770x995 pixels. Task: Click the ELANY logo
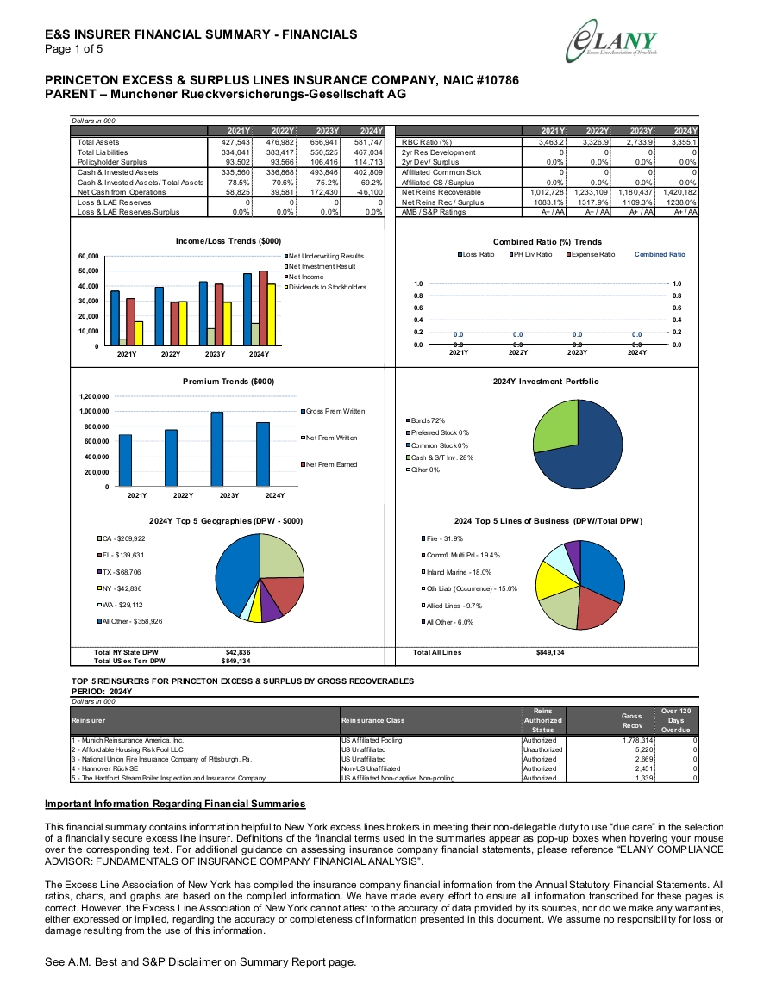(x=611, y=41)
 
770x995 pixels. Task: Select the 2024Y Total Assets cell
(x=368, y=143)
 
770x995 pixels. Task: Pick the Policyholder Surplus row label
(x=112, y=163)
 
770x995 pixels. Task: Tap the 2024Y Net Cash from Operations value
(x=369, y=192)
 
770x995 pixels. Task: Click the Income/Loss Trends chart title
(x=228, y=241)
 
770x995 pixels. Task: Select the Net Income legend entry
(x=304, y=277)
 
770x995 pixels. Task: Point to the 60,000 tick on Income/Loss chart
(x=88, y=257)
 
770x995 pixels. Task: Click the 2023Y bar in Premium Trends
(x=217, y=450)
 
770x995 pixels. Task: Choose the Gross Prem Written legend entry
(x=333, y=411)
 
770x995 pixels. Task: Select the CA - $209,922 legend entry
(x=122, y=538)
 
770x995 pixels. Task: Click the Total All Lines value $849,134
(x=550, y=652)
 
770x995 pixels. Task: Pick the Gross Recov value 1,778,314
(x=637, y=741)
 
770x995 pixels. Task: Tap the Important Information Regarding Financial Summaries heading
(x=175, y=804)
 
